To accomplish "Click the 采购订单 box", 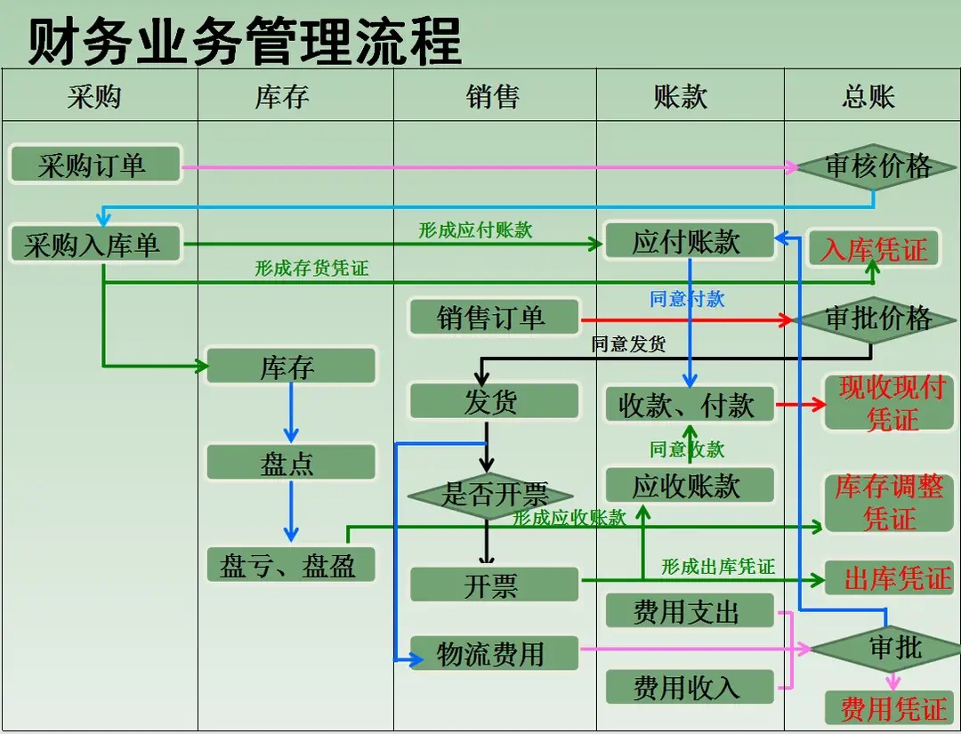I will click(95, 165).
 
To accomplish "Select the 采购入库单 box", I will click(95, 244).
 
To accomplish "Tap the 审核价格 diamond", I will click(876, 166).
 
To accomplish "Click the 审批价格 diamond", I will click(876, 319).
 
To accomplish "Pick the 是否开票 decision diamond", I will click(490, 496).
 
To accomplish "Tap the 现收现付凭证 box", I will click(889, 403).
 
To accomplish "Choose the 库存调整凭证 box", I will click(889, 503).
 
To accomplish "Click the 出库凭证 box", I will click(889, 578).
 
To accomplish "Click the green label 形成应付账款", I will click(475, 230).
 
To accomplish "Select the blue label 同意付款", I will click(687, 299).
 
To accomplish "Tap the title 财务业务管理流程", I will click(245, 40).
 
